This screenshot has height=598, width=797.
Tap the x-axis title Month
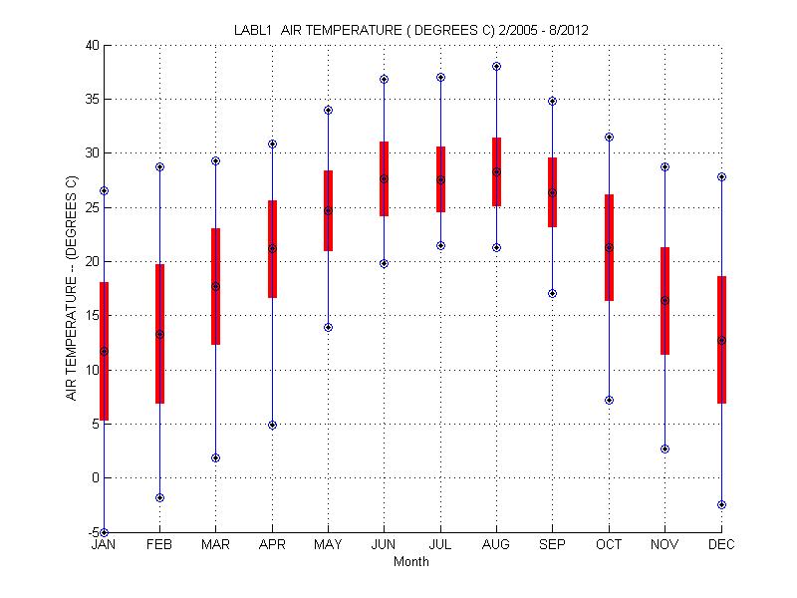pos(411,562)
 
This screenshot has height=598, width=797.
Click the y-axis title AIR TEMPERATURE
pos(72,289)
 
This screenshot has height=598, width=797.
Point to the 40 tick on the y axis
pos(92,46)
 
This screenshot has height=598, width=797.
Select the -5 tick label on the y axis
pos(92,532)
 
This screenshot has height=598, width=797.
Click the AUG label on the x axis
pos(496,545)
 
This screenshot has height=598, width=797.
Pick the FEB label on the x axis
pos(159,545)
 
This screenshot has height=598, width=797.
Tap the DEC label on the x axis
pos(721,545)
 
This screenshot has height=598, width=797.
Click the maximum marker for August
pos(496,67)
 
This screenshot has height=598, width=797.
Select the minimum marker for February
pos(159,497)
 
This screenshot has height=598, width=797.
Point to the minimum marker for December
pos(721,504)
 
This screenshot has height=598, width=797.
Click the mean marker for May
pos(328,210)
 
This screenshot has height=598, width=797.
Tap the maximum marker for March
pos(215,160)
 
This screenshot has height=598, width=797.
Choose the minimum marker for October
pos(609,400)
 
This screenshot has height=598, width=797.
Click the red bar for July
pos(440,179)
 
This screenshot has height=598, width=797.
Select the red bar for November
pos(664,301)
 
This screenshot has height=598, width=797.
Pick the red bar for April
pos(272,249)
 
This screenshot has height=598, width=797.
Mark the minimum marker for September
pos(553,293)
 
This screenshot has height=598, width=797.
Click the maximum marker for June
pos(384,79)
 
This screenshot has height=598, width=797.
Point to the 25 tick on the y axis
pos(92,207)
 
